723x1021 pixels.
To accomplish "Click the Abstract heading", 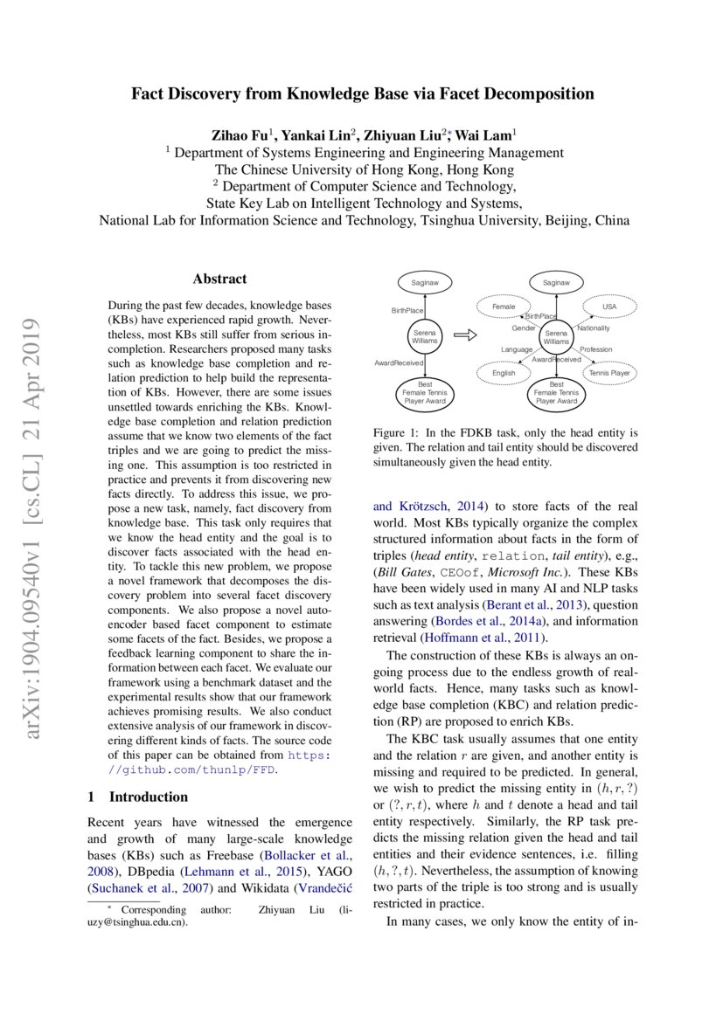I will (x=219, y=279).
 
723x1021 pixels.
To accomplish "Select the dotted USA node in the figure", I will (x=609, y=307).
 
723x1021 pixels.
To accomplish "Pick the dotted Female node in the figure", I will (x=504, y=307).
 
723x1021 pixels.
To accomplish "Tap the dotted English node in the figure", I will (x=504, y=373).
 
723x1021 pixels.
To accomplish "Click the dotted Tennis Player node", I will (x=608, y=373).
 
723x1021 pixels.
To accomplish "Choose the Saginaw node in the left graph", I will (x=425, y=282).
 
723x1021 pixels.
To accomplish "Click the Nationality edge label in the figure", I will (x=594, y=328).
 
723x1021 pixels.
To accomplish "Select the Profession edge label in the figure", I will (x=595, y=349).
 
